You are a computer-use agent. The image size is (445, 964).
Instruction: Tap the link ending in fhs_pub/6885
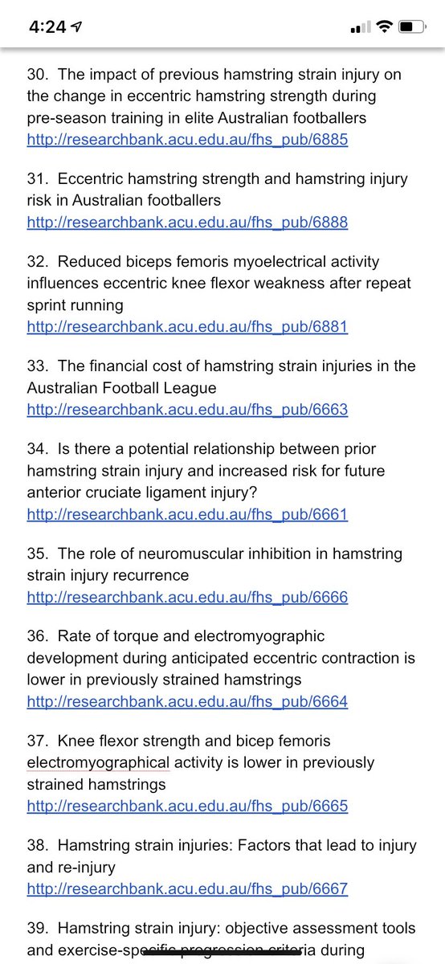(187, 139)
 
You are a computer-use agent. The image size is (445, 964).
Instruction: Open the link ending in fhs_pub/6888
(187, 222)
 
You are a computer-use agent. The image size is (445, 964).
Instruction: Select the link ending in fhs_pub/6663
(187, 410)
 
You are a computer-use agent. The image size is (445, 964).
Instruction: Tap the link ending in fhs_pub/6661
(187, 514)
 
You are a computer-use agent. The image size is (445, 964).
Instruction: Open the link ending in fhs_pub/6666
(187, 598)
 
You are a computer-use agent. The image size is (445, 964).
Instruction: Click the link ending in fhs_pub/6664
(187, 702)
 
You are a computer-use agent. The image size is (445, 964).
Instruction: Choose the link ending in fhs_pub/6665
(187, 806)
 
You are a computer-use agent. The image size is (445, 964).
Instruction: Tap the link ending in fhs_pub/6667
(187, 889)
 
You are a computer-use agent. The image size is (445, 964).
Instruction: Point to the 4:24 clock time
(47, 27)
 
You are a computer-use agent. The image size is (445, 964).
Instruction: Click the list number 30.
(37, 76)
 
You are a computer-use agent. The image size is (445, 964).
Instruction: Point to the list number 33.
(37, 367)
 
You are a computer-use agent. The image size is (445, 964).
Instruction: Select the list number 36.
(37, 637)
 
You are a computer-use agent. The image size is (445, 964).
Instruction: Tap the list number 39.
(37, 929)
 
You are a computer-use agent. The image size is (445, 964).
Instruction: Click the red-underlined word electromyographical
(98, 762)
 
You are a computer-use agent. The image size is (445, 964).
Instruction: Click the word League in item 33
(190, 389)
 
